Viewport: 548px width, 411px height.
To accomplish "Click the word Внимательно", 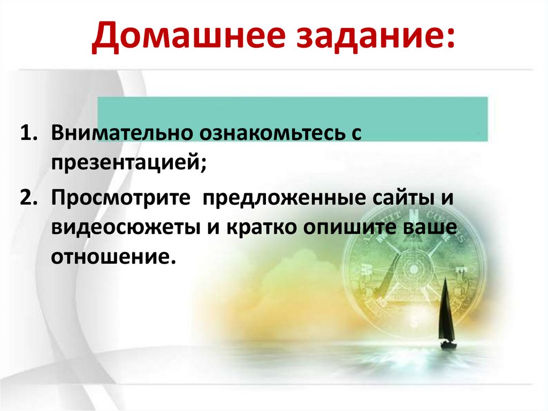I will (123, 133).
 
